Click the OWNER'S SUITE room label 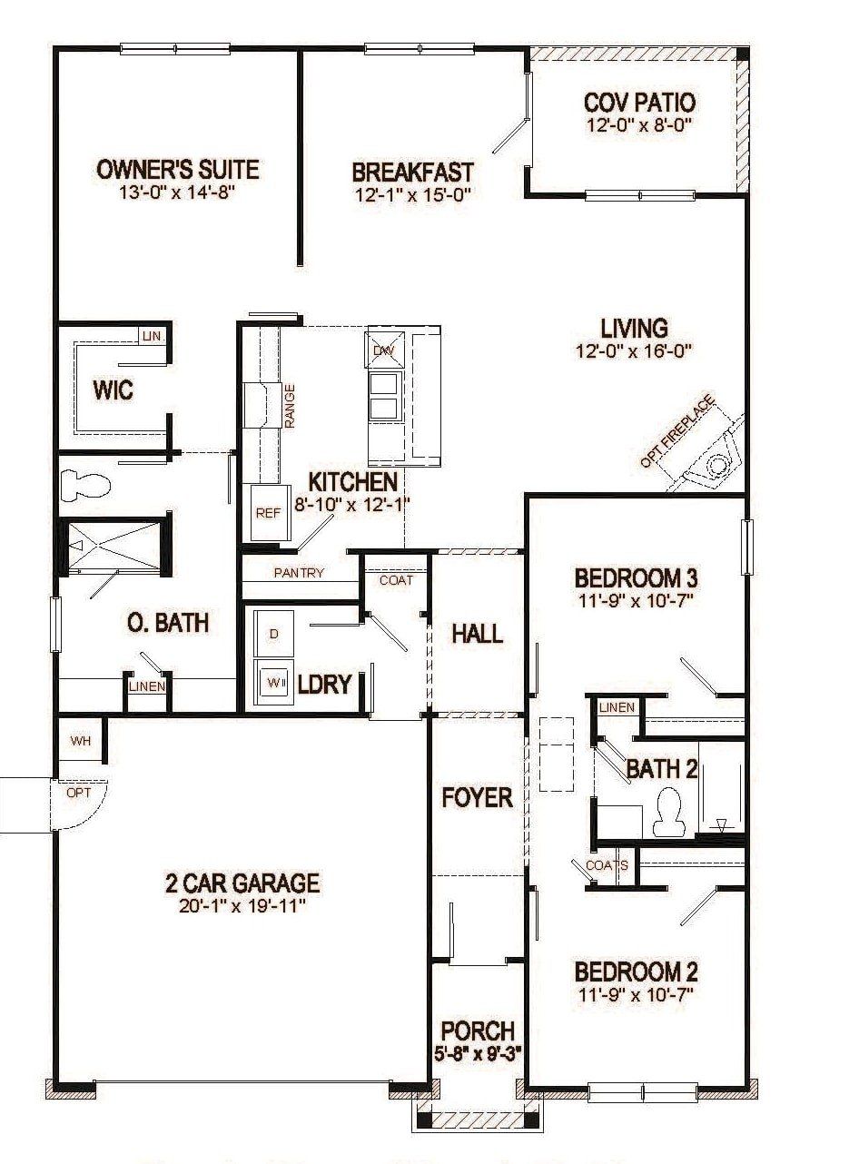178,170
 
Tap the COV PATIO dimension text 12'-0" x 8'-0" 639,126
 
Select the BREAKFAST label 412,172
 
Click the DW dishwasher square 384,350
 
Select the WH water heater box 81,741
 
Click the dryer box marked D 274,634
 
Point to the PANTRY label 299,573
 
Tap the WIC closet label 113,390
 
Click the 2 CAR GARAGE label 242,882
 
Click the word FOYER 477,797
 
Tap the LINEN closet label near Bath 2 617,707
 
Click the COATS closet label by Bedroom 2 607,864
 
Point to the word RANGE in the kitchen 290,405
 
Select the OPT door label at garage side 79,793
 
